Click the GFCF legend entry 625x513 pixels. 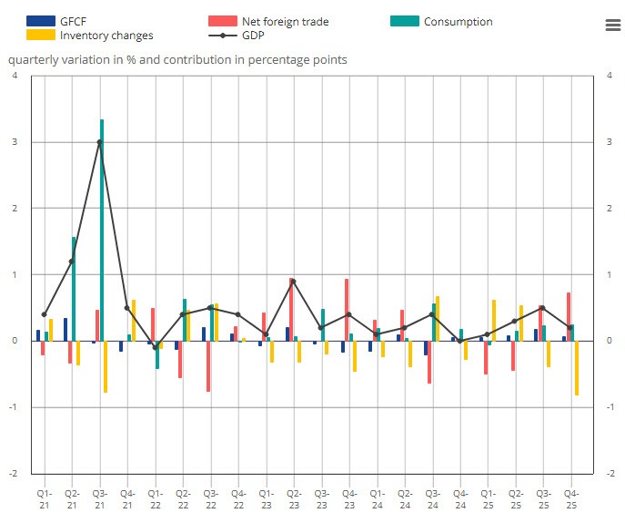(73, 21)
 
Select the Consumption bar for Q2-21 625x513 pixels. (74, 288)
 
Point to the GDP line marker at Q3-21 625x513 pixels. (99, 142)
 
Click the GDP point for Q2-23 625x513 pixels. (293, 282)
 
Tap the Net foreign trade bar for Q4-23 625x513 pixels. (347, 310)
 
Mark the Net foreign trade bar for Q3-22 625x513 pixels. (207, 365)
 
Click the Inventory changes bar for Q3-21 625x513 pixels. (106, 366)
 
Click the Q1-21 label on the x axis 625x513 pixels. (44, 498)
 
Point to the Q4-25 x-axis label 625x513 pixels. (570, 498)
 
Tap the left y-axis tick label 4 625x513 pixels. (15, 76)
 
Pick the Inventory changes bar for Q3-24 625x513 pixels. (438, 318)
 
